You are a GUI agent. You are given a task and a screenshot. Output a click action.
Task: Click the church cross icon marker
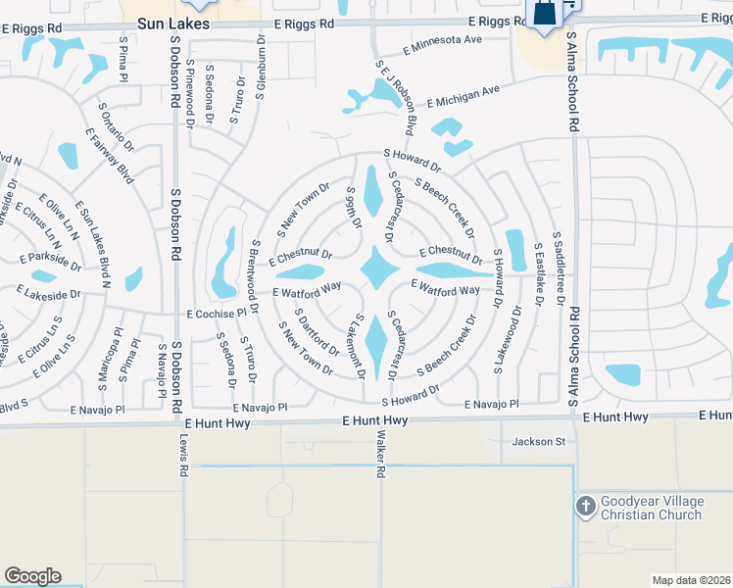click(586, 506)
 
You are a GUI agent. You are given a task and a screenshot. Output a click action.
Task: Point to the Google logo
click(32, 576)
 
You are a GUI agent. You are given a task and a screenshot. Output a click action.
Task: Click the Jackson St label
click(539, 442)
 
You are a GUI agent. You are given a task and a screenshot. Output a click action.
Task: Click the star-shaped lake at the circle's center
click(377, 268)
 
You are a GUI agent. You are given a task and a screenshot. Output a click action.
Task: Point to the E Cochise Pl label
click(217, 314)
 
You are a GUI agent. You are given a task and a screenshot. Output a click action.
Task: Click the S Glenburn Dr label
click(261, 69)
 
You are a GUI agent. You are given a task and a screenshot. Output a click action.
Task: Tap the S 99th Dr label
click(350, 208)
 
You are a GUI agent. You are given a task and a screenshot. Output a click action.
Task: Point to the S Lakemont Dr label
click(360, 346)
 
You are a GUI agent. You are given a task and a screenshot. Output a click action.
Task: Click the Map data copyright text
click(692, 580)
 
